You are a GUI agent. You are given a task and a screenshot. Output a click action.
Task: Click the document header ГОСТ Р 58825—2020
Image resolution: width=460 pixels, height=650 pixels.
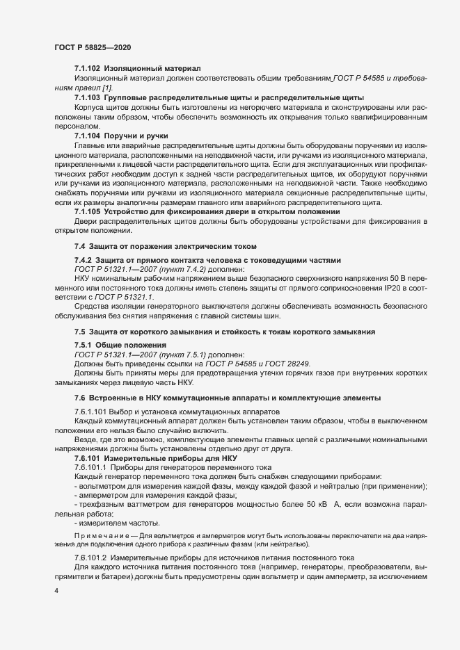pyautogui.click(x=92, y=47)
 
